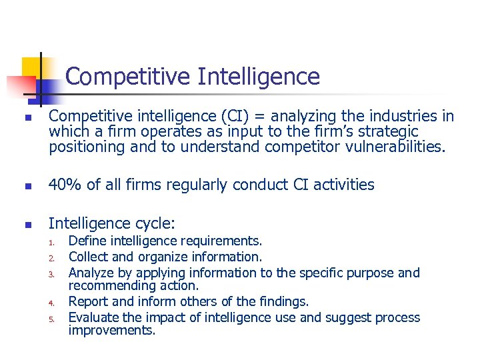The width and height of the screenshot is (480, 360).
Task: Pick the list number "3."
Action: coord(53,273)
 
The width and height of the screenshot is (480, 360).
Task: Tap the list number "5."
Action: coord(53,319)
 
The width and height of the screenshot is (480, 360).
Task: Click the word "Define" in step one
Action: coord(88,241)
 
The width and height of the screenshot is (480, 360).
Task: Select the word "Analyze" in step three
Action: coord(92,273)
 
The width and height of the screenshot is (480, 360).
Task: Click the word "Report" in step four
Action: coord(89,301)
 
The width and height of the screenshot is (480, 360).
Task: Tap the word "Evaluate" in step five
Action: coord(94,317)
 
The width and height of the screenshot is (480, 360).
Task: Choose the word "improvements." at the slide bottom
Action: coord(112,330)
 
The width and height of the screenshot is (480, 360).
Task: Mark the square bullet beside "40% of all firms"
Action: coord(27,185)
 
